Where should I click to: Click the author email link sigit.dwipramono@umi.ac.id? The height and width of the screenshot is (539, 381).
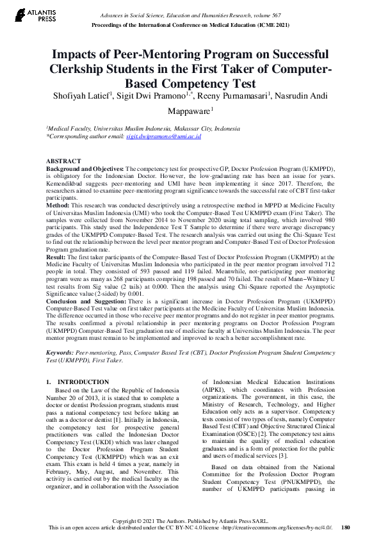pyautogui.click(x=163, y=136)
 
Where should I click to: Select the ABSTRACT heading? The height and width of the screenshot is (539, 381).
pyautogui.click(x=63, y=161)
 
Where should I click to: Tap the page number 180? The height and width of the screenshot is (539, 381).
pyautogui.click(x=346, y=527)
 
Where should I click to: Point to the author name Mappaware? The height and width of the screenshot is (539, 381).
pyautogui.click(x=188, y=110)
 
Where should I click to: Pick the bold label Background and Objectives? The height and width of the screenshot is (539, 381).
pyautogui.click(x=85, y=167)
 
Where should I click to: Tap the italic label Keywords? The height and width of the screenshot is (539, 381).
pyautogui.click(x=60, y=353)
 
